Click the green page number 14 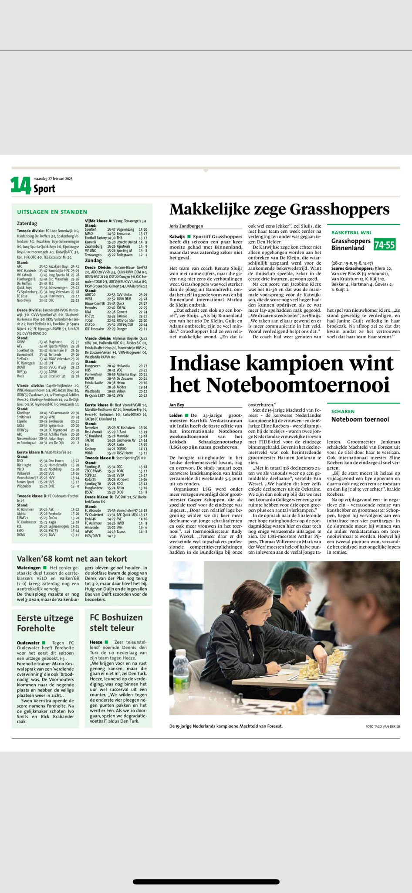[21, 185]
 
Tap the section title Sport [44, 189]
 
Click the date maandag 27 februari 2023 [53, 178]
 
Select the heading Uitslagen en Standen [52, 212]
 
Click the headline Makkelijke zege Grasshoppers [279, 210]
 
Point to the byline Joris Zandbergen [186, 226]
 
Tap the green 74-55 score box [385, 245]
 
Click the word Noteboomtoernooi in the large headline [297, 385]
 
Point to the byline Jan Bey [177, 405]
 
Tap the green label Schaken [343, 411]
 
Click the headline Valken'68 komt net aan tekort [72, 559]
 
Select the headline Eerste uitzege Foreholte [45, 623]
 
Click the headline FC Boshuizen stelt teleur [116, 623]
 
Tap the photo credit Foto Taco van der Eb [382, 726]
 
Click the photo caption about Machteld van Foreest [226, 726]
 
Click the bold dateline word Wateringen [29, 568]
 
